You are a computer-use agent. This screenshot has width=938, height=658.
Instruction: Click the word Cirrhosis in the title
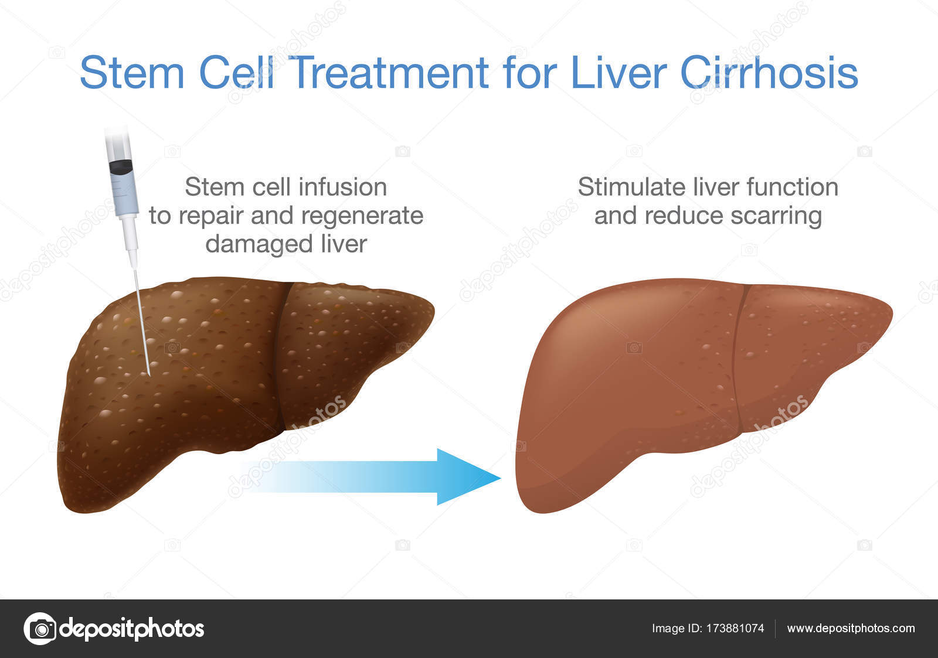769,72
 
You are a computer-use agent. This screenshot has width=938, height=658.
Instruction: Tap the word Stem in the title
132,72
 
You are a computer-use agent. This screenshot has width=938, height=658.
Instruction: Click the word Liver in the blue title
618,72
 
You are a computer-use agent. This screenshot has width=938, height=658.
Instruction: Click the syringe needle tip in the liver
149,374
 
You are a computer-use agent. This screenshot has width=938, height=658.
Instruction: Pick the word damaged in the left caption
259,244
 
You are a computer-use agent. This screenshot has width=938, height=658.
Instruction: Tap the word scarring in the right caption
776,216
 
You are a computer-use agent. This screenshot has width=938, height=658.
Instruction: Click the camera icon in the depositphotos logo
40,629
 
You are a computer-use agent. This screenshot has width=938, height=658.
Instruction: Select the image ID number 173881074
735,628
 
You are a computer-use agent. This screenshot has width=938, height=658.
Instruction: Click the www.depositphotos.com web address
851,629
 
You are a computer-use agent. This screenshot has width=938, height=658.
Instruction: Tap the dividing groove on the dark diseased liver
280,356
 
